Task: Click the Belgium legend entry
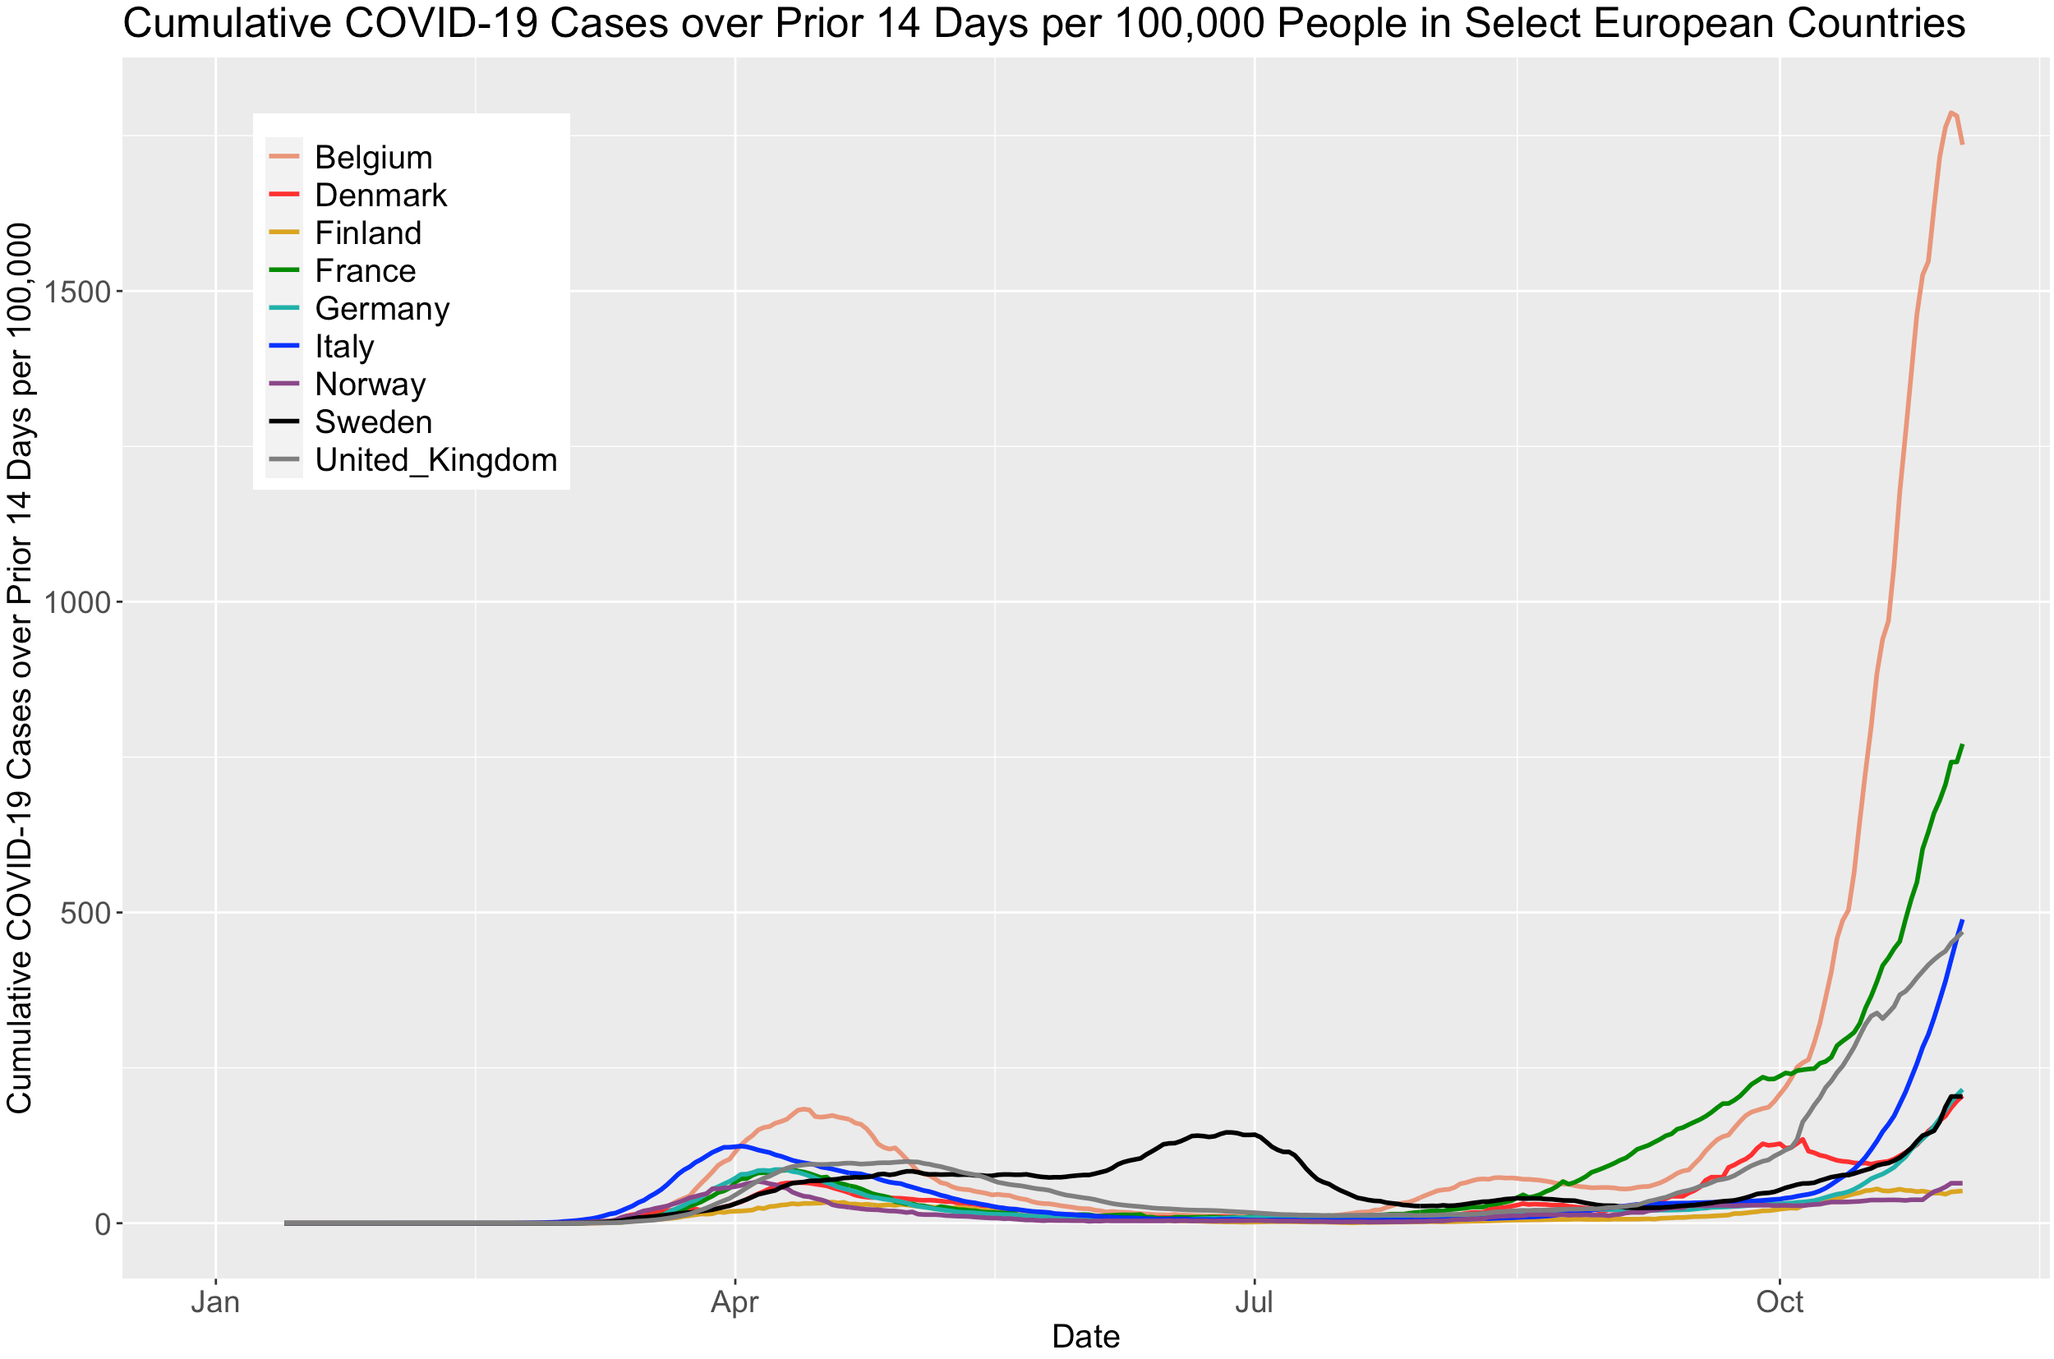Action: pos(373,158)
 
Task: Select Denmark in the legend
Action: pos(380,196)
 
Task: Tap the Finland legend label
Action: pos(367,233)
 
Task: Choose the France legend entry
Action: pos(365,271)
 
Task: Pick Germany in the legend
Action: pos(382,310)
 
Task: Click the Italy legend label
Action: pos(344,347)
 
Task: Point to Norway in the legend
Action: pos(370,385)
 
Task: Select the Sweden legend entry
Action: pos(373,422)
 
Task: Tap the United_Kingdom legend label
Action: pos(436,460)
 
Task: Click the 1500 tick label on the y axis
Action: pos(78,292)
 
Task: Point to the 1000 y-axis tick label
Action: pos(78,602)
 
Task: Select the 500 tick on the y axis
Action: pos(85,914)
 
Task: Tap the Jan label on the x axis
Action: pos(215,1302)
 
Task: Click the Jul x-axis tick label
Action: pos(1253,1302)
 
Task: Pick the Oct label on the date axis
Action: pos(1780,1302)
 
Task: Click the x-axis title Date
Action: pos(1085,1338)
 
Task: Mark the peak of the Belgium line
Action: pos(1950,113)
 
